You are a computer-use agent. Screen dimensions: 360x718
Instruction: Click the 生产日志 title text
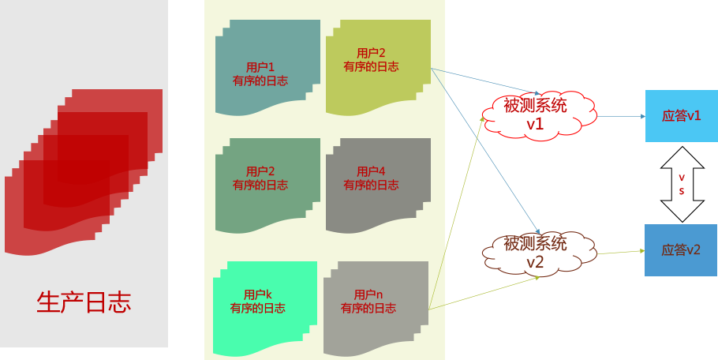tap(84, 302)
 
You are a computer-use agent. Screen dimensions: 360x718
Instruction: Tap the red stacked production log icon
tap(83, 173)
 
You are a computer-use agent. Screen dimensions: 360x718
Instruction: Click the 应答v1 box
tap(681, 116)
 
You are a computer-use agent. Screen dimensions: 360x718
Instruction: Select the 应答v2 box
tap(681, 250)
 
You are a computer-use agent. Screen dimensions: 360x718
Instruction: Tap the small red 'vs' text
tap(682, 184)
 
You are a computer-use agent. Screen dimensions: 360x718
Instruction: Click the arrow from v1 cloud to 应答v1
tap(622, 116)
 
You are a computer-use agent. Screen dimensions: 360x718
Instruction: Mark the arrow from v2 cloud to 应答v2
tap(622, 253)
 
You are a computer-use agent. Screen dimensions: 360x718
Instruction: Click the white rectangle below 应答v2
tap(649, 320)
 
